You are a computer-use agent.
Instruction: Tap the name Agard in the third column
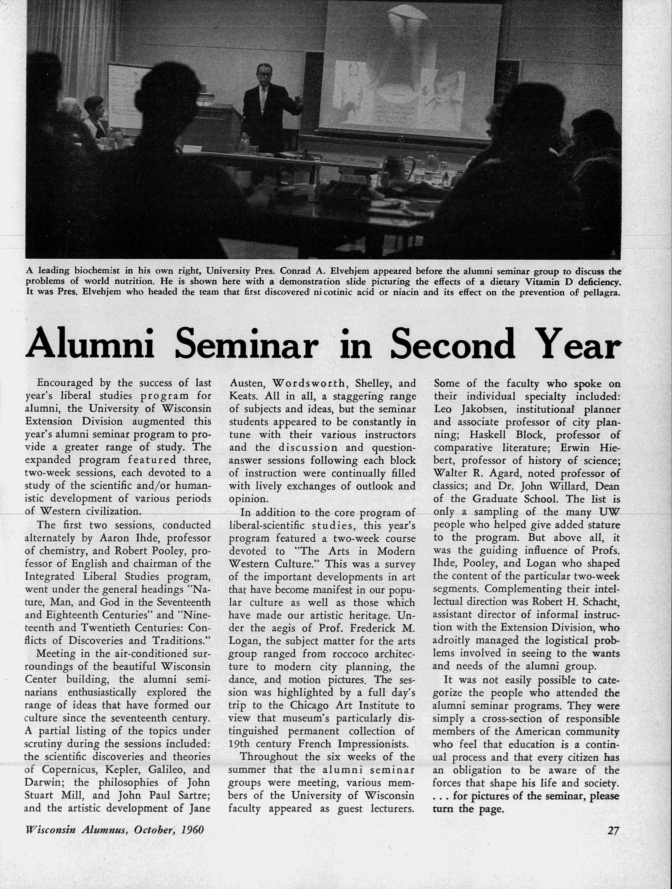pos(503,473)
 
